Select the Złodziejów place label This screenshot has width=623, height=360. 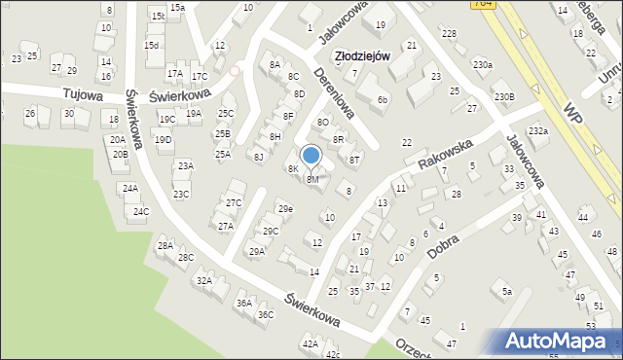[362, 56]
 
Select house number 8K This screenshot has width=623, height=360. [292, 169]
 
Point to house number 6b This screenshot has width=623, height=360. [383, 99]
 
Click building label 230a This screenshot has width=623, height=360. [482, 65]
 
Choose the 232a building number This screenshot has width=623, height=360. [537, 130]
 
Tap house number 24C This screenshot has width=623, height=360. [141, 211]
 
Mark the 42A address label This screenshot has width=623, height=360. [310, 343]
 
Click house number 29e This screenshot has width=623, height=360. [284, 209]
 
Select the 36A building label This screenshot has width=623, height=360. [243, 303]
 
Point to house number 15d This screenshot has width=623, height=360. [151, 45]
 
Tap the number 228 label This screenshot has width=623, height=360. [448, 34]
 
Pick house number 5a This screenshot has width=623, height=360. [506, 290]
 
